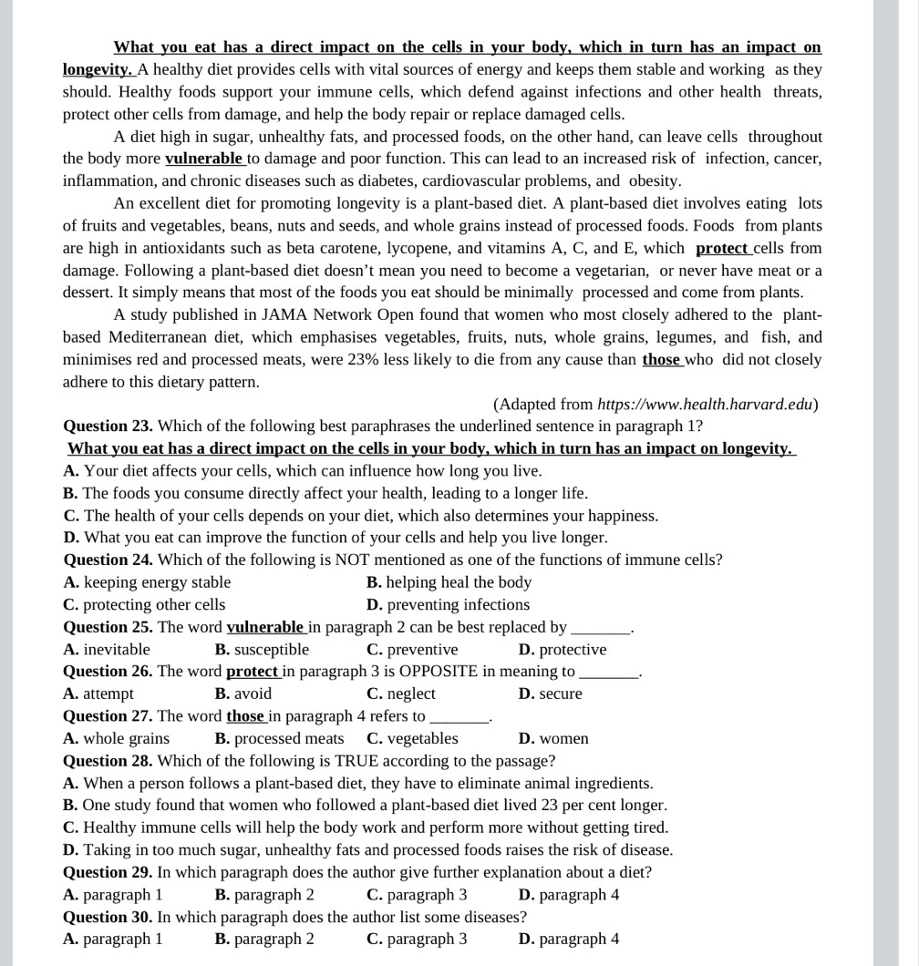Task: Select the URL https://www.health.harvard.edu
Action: click(705, 404)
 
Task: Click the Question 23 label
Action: click(108, 426)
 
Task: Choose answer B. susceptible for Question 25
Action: click(262, 649)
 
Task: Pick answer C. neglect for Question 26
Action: click(401, 694)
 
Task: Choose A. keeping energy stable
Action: click(147, 582)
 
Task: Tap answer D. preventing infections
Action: click(448, 604)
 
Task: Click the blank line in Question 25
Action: click(601, 628)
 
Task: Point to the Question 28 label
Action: click(108, 760)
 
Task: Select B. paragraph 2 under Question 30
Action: click(264, 939)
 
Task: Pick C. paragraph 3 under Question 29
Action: click(417, 894)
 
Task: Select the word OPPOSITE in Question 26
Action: click(441, 671)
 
